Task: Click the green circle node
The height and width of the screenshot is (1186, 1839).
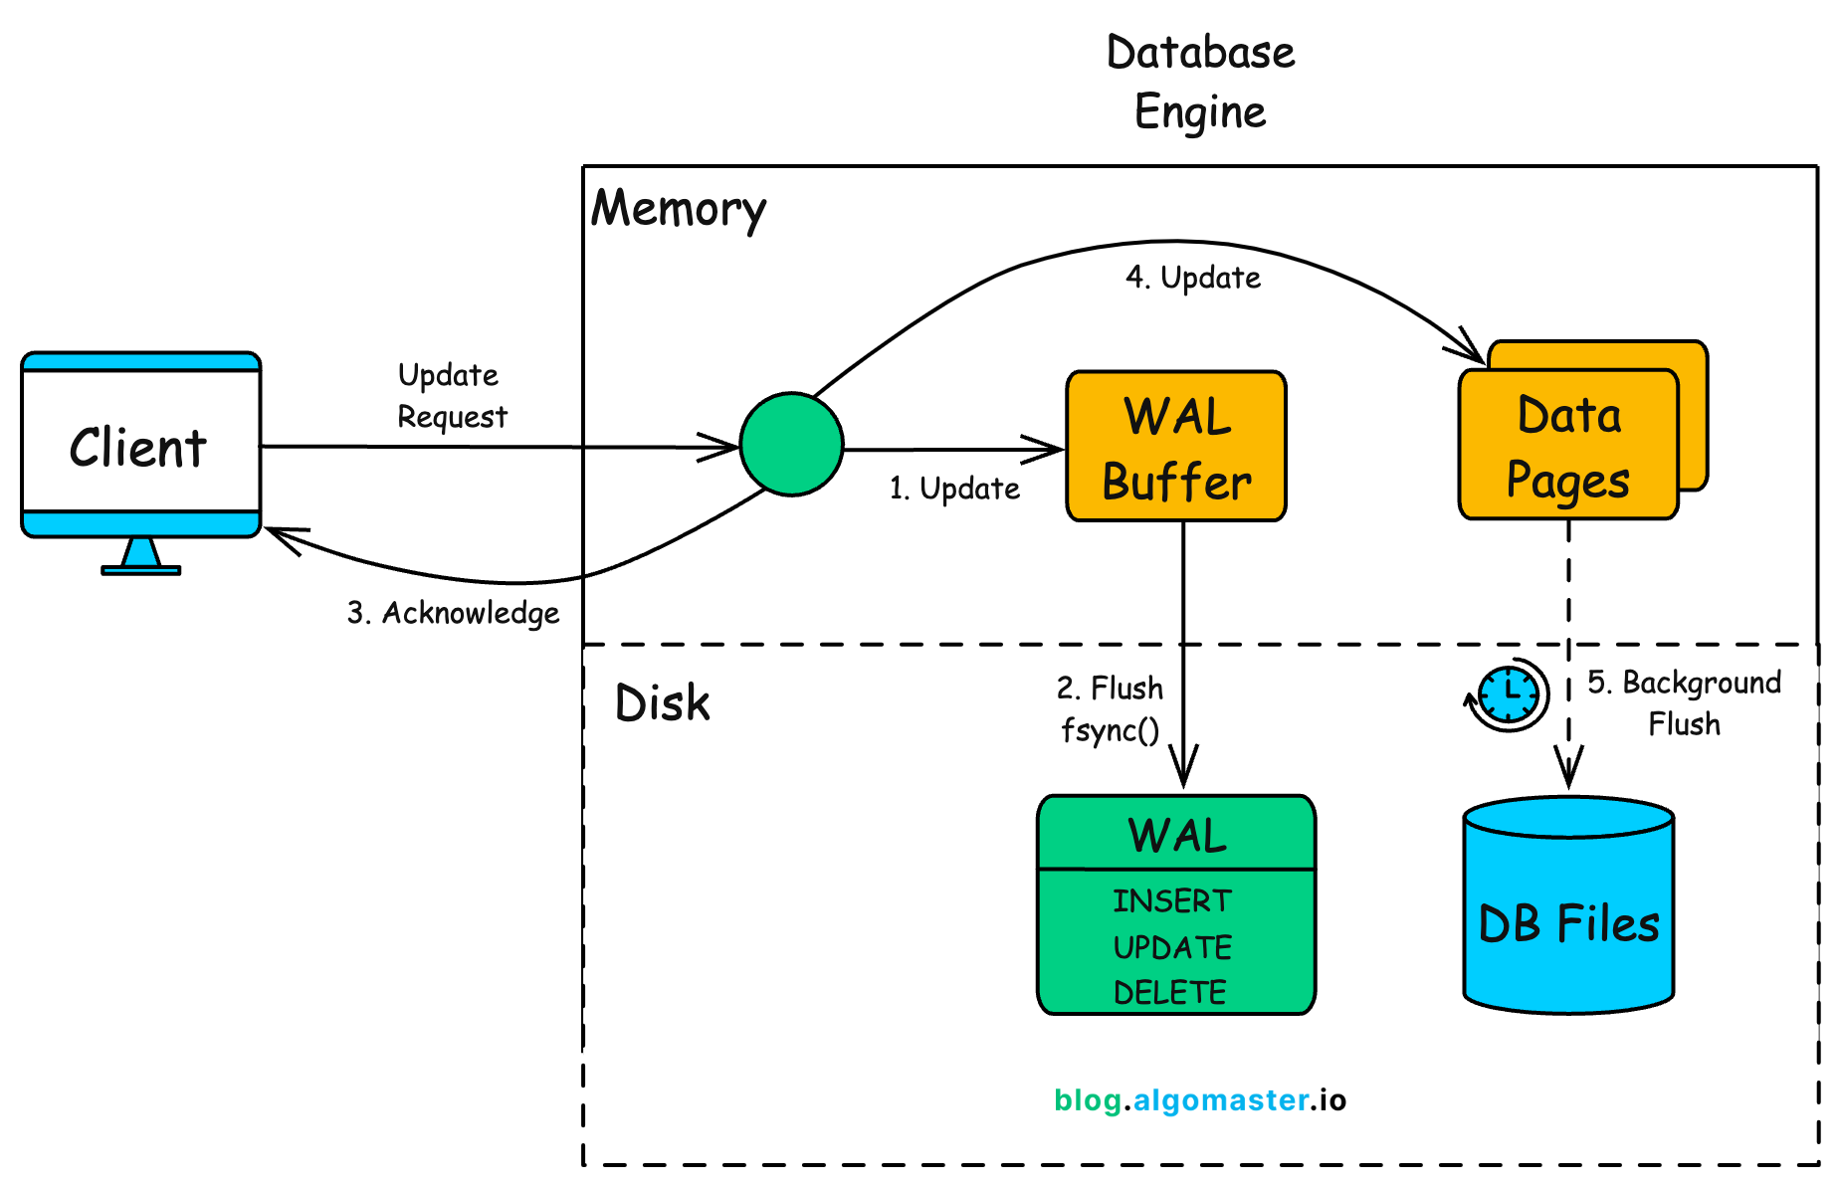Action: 791,445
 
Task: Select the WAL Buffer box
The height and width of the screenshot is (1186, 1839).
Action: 1175,447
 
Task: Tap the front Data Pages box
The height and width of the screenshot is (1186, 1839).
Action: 1567,446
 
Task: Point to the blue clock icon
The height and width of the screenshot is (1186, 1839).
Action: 1509,693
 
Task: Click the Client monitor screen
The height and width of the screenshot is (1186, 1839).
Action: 140,444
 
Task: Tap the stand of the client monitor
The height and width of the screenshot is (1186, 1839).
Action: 140,556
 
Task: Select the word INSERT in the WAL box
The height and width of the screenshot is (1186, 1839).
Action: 1171,900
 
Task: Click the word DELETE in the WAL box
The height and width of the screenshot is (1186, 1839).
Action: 1169,992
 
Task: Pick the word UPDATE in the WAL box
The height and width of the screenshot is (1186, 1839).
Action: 1172,947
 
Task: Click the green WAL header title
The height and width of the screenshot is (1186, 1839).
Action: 1176,835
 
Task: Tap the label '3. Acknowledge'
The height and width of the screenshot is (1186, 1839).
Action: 453,613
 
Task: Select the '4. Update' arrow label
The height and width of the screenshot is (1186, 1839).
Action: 1192,278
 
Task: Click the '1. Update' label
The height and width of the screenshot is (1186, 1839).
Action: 953,489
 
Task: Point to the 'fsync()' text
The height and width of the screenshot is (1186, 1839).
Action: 1110,730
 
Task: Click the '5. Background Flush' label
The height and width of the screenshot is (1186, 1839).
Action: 1684,702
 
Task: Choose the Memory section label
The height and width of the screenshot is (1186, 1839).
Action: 679,210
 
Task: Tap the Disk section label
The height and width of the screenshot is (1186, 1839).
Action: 662,703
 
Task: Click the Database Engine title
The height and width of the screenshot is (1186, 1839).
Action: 1200,82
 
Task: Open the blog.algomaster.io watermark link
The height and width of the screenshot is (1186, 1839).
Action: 1199,1099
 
